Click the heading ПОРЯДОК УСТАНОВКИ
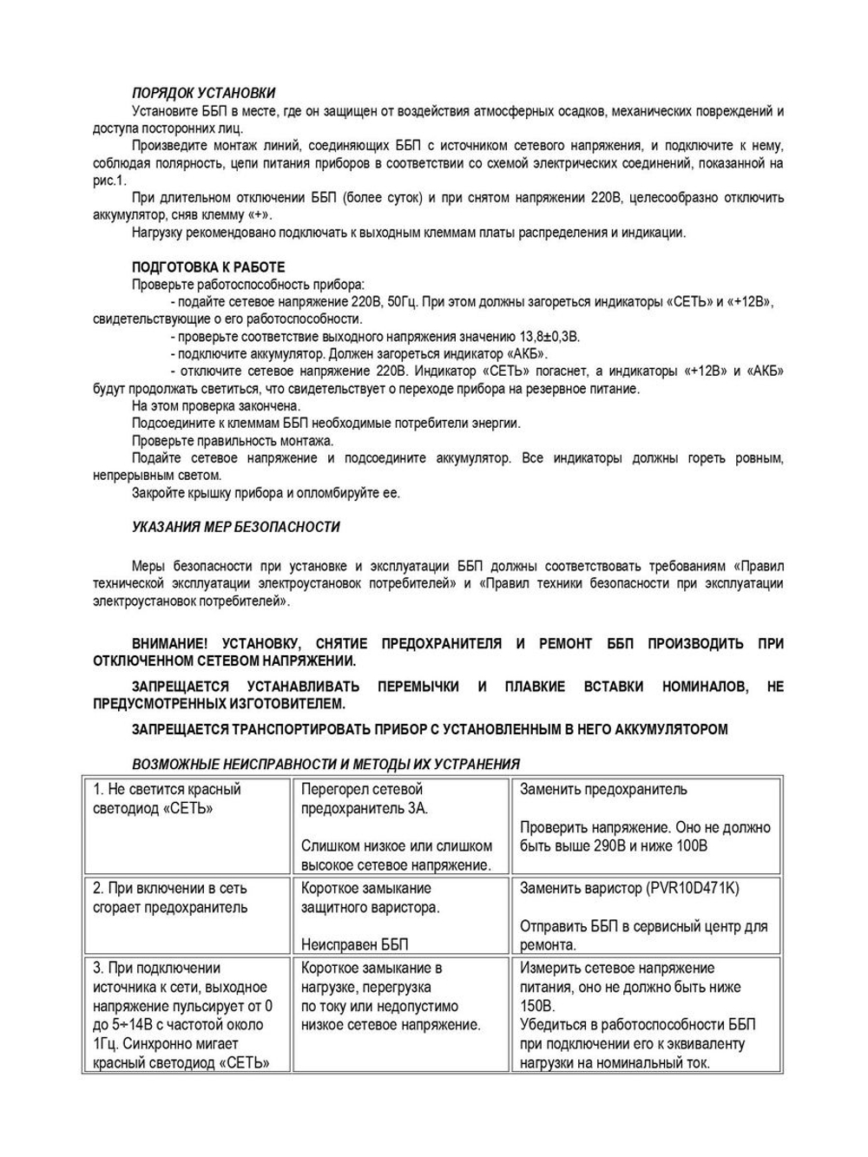(x=203, y=93)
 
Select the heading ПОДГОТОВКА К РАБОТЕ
(x=207, y=267)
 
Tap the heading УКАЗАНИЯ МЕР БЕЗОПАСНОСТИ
(x=235, y=527)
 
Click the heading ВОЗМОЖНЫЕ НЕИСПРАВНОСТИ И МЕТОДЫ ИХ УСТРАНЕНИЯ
(x=325, y=765)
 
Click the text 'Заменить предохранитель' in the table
(x=603, y=790)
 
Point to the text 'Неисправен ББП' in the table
(x=354, y=945)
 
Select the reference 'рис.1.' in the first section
(x=109, y=181)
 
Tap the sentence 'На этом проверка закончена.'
(x=216, y=406)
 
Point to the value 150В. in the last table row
(x=536, y=1007)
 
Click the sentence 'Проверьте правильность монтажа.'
(x=233, y=441)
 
